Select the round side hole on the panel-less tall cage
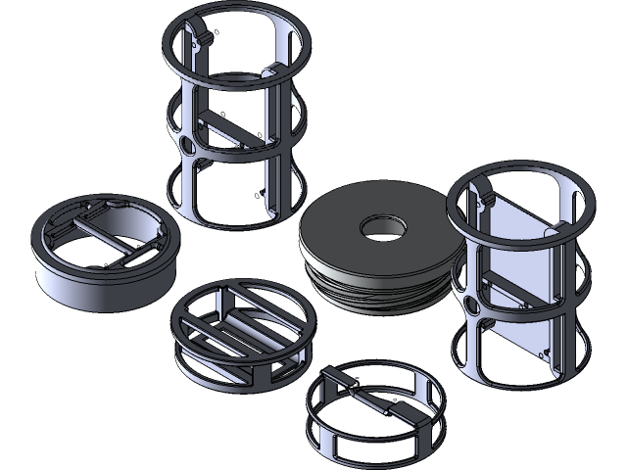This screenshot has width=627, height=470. [187, 146]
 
